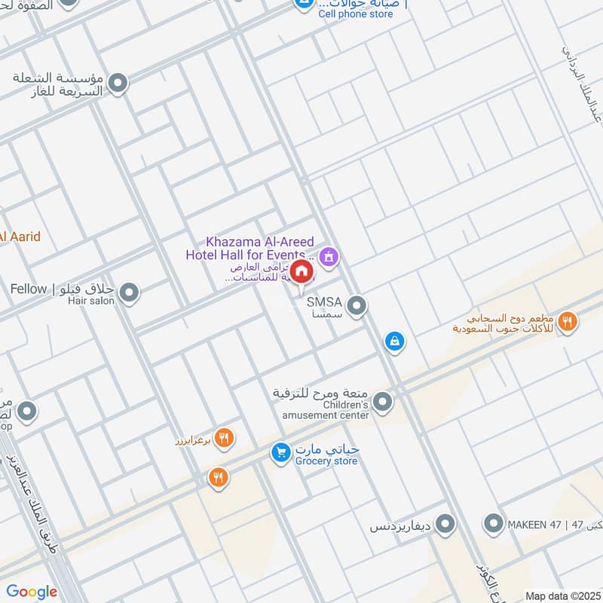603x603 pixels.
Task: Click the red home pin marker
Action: click(x=301, y=271)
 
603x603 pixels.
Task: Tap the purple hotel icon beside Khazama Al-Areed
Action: click(x=329, y=258)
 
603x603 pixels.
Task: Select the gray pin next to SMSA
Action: click(x=357, y=305)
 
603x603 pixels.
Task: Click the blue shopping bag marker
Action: click(x=393, y=341)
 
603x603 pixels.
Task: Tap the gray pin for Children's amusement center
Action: click(x=383, y=402)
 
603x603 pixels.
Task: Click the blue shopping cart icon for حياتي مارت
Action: click(x=281, y=452)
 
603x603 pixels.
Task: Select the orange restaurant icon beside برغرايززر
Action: click(x=224, y=437)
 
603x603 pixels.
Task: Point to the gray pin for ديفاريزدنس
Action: click(x=445, y=522)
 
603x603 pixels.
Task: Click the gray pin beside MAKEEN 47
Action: click(x=494, y=522)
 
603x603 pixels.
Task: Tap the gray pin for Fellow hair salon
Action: click(x=130, y=292)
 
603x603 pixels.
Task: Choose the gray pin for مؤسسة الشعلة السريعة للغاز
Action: click(x=118, y=83)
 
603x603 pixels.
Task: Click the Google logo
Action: click(x=32, y=592)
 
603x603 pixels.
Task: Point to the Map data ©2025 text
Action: click(x=562, y=596)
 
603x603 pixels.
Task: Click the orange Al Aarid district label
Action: click(x=20, y=237)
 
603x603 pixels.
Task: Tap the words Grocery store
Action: click(x=326, y=461)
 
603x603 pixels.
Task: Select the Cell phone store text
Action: click(x=356, y=14)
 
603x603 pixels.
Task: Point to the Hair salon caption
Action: click(x=91, y=301)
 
